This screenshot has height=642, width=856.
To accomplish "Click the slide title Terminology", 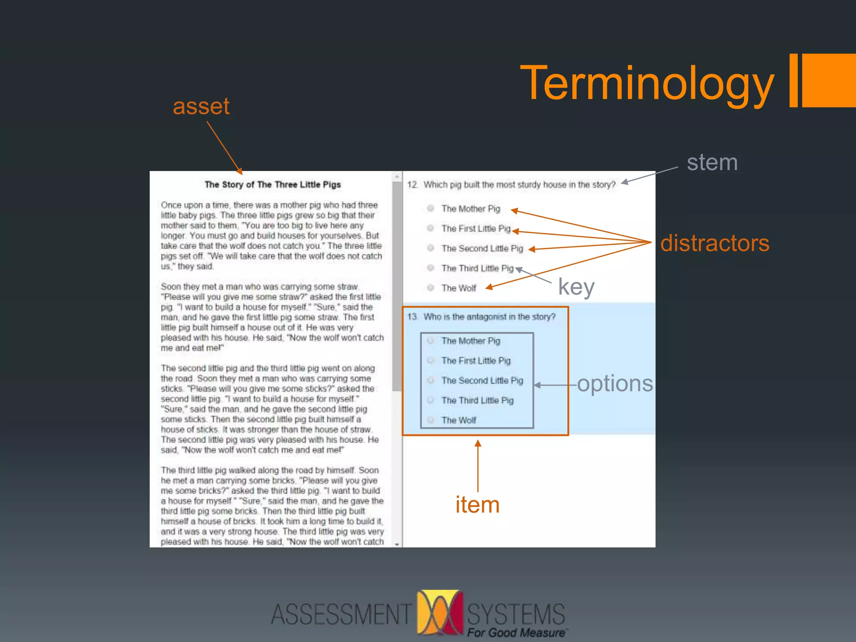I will [x=647, y=84].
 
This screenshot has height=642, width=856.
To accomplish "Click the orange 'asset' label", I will [x=201, y=107].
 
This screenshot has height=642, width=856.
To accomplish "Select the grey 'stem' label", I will [x=712, y=162].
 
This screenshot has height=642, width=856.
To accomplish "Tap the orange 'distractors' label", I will [x=714, y=243].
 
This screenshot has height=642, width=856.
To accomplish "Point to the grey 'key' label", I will [x=576, y=288].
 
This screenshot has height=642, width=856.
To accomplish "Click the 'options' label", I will [x=615, y=383].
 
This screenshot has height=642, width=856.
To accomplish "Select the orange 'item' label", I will [x=477, y=504].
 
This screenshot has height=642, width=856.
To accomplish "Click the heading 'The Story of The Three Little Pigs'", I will [x=273, y=185].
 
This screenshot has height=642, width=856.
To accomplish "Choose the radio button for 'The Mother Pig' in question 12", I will [x=431, y=208].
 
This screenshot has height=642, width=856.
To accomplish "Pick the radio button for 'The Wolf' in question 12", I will [x=431, y=288].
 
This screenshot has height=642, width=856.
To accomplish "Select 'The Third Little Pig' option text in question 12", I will [x=477, y=268].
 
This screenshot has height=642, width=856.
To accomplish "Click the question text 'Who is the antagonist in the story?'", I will [x=489, y=317].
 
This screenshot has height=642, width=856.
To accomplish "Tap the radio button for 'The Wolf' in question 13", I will [x=431, y=420].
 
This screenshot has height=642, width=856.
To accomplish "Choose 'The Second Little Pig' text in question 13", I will [x=482, y=380].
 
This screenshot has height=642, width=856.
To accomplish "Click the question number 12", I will [x=412, y=185].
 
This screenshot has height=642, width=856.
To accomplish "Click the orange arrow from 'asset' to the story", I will [x=224, y=148].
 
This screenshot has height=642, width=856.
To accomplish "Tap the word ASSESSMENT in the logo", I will [x=341, y=614].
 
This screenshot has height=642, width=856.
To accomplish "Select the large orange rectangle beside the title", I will [x=829, y=80].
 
